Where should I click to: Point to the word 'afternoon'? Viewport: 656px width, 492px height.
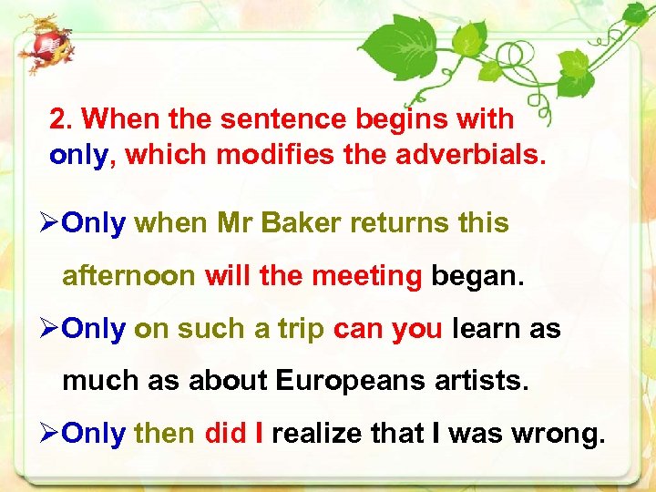pos(128,275)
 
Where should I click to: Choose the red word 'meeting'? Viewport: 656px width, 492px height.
pos(366,275)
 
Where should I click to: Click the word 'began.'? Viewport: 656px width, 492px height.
pos(478,275)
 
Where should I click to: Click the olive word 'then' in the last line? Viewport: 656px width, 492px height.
pos(164,435)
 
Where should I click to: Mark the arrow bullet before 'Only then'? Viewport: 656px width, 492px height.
pos(52,435)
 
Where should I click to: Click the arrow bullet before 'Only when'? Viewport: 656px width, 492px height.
pos(52,223)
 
